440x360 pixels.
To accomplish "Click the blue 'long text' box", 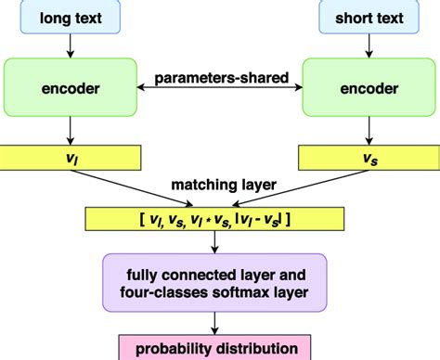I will [71, 17].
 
